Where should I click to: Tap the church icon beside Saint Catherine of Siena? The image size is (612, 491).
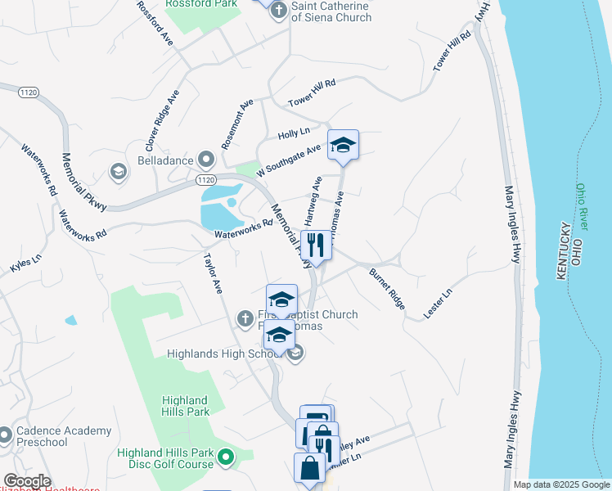click(278, 11)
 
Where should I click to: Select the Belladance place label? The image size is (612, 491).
click(166, 158)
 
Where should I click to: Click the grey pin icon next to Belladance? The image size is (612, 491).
click(205, 159)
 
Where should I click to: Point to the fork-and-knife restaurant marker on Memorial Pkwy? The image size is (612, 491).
click(315, 244)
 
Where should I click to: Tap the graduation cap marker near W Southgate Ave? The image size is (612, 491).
click(343, 145)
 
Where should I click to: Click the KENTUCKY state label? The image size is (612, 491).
click(562, 250)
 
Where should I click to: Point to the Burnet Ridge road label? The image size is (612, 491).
click(386, 288)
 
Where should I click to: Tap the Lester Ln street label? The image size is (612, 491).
click(438, 304)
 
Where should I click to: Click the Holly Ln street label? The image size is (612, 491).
click(294, 133)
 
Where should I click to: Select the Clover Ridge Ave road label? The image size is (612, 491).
click(161, 120)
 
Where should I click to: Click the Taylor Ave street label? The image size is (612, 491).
click(213, 273)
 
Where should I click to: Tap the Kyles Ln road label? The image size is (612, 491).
click(25, 264)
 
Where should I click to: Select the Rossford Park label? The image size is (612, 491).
click(200, 3)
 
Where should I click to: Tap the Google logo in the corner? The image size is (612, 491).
click(26, 481)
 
